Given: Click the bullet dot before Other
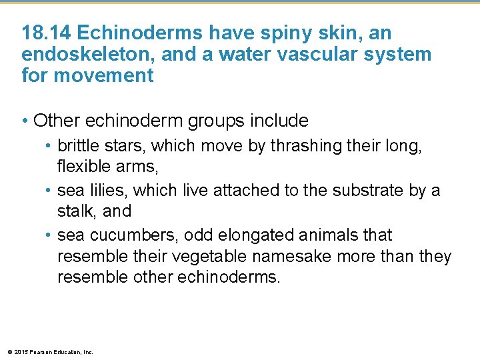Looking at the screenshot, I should [25, 121].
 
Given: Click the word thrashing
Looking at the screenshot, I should [309, 146].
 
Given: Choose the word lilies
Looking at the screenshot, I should [107, 190].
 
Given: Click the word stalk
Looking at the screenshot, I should [75, 211].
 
